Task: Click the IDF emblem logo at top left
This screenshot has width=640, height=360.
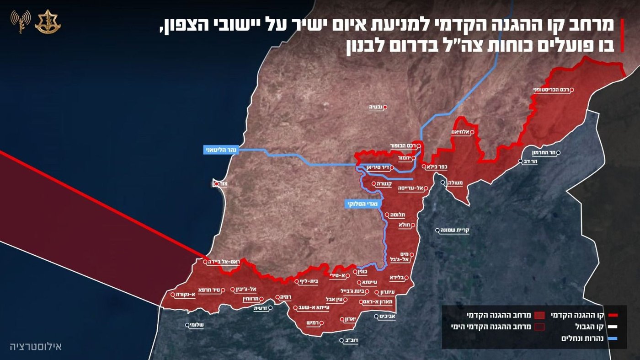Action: point(48,21)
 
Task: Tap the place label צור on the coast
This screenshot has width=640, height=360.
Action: point(223,184)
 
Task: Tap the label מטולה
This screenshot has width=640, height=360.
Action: point(455,183)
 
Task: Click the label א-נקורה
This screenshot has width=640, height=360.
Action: point(185,294)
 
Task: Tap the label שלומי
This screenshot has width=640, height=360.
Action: point(197,325)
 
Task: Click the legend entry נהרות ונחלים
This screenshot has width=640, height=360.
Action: point(586,339)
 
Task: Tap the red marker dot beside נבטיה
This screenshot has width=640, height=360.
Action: point(385,107)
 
